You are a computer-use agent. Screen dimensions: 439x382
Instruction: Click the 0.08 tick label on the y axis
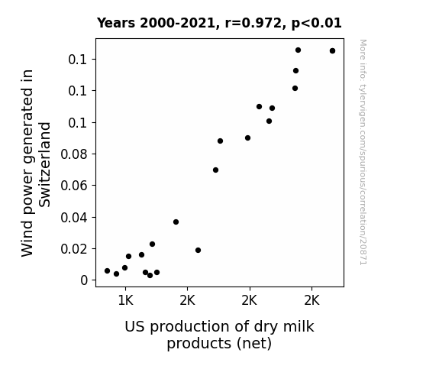tap(74, 154)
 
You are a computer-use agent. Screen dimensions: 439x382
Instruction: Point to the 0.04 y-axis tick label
tap(74, 218)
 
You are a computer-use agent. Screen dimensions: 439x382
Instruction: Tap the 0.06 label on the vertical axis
tap(74, 186)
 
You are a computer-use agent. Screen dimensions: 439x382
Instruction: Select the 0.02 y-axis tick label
tap(74, 249)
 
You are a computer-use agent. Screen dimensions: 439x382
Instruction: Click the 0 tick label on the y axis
tap(84, 280)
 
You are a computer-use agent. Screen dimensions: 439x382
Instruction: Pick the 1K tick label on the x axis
tap(125, 301)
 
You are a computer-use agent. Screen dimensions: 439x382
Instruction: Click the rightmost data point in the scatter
tap(332, 51)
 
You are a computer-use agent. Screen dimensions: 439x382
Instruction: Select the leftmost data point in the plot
tap(107, 270)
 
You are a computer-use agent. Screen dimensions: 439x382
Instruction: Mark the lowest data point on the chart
tap(150, 276)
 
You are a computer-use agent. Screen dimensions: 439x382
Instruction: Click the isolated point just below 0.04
tap(176, 222)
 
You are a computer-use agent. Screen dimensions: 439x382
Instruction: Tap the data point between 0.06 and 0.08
tap(215, 170)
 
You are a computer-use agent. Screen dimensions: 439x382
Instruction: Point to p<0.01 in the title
tap(316, 24)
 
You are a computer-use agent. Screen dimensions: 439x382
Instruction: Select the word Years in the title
tap(116, 23)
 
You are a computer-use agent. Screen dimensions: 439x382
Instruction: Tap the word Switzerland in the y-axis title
tap(44, 165)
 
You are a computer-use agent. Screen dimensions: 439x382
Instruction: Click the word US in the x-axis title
tap(134, 327)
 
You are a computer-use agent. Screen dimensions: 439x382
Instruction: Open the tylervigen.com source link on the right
tap(363, 152)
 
